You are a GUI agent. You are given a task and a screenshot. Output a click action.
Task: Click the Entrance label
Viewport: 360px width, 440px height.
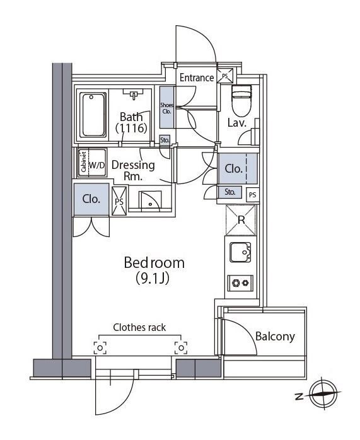(197, 78)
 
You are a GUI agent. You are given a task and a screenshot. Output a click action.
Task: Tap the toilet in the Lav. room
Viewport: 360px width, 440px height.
(241, 97)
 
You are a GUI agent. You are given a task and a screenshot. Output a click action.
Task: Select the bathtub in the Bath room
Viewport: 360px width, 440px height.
(93, 115)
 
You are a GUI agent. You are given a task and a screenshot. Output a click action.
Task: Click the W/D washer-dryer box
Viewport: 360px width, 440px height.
(97, 165)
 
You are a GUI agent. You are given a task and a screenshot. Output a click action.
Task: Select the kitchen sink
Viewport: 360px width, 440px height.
(241, 252)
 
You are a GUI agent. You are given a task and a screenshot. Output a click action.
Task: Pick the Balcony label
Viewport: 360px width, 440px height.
(275, 336)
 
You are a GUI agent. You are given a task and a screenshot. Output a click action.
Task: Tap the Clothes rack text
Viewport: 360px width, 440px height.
(139, 327)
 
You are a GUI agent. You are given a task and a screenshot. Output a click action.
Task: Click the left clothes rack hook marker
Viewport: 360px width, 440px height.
(100, 347)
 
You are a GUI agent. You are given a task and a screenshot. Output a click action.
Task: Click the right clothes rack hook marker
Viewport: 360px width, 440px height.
(182, 347)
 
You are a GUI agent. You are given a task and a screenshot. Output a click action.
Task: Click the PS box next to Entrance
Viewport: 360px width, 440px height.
(226, 75)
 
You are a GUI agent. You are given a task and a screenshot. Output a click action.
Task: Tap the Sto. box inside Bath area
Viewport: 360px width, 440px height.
(165, 140)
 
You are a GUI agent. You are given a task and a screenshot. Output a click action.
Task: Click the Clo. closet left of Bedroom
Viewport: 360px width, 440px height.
(92, 199)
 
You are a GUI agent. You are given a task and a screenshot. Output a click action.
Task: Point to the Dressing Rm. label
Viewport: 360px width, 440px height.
(133, 171)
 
